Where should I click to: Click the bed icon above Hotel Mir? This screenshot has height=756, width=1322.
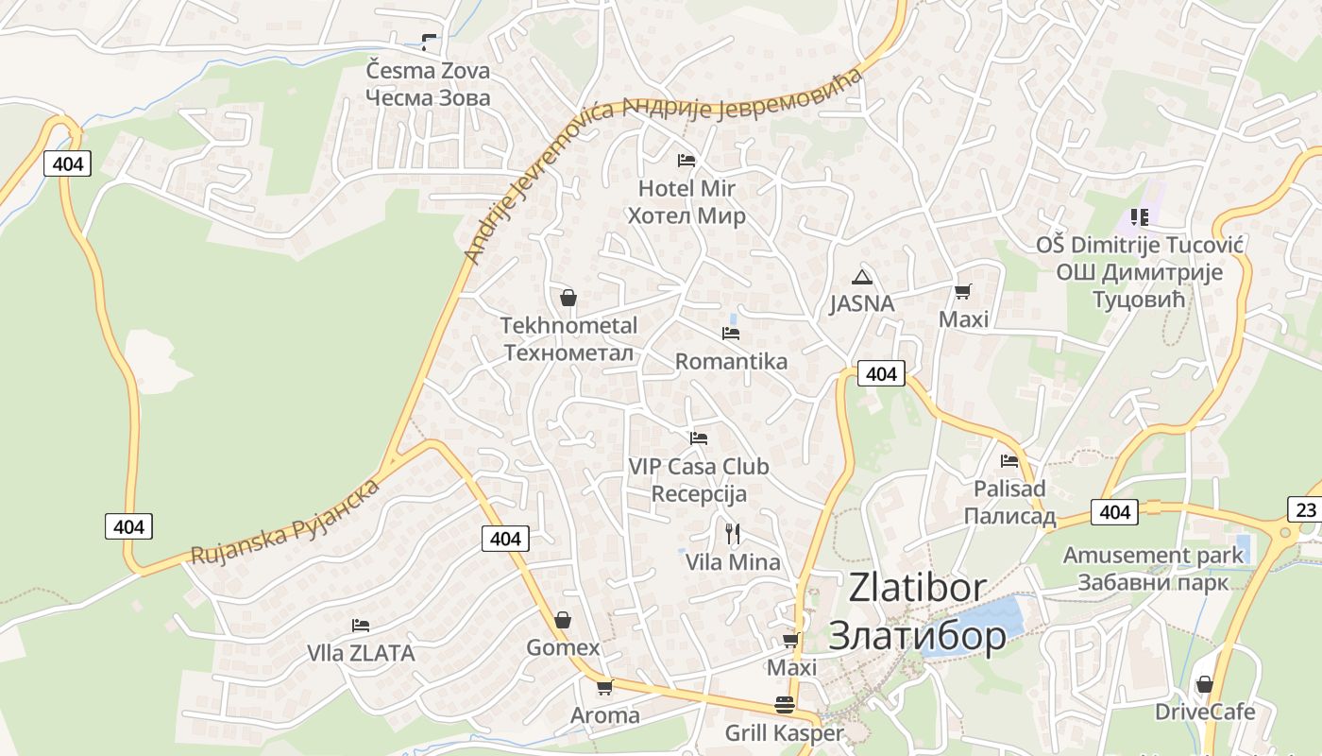(x=686, y=161)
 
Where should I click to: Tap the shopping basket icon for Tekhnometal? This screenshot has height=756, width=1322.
(x=568, y=298)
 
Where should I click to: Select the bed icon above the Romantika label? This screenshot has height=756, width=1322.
(x=731, y=334)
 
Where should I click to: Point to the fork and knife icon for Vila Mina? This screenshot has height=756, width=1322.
(x=733, y=533)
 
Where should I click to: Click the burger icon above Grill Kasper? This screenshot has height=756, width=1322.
(x=784, y=705)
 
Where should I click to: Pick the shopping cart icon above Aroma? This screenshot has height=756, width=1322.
(x=604, y=687)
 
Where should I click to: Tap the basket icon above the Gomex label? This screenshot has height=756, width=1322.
(x=563, y=620)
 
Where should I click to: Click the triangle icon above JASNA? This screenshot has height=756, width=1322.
(x=861, y=277)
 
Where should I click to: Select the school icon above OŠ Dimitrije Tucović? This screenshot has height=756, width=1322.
(x=1140, y=217)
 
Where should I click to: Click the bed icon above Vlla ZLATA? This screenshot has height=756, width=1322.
(x=360, y=626)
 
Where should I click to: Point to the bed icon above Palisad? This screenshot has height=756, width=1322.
(x=1009, y=461)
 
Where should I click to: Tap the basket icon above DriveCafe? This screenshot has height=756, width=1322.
(x=1204, y=684)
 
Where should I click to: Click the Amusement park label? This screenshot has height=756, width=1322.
(x=1153, y=555)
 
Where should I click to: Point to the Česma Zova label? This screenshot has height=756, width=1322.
(x=428, y=71)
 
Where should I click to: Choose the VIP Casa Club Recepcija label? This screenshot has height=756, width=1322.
(x=699, y=480)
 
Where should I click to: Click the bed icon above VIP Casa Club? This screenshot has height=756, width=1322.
(x=699, y=438)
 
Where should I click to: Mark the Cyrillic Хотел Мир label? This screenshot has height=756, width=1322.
(x=686, y=215)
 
